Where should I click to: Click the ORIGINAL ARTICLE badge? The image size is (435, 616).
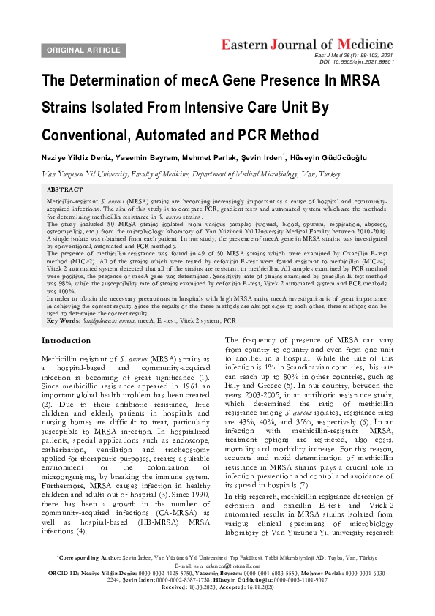(84, 50)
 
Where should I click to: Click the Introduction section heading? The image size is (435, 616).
(67, 341)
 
